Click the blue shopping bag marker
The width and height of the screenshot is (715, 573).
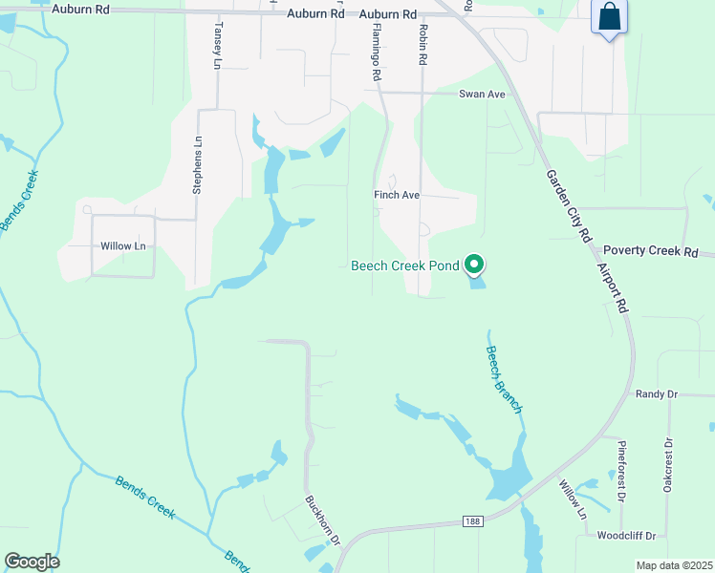(609, 17)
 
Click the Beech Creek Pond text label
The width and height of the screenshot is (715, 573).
(405, 265)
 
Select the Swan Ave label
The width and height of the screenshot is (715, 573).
(482, 94)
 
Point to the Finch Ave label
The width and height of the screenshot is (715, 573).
(397, 195)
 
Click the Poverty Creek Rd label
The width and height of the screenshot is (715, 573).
(651, 251)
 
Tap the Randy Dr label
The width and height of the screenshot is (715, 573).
(656, 393)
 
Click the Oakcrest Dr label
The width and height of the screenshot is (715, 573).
(667, 465)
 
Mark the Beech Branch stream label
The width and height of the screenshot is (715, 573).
(504, 378)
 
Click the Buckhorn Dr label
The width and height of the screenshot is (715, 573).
(323, 519)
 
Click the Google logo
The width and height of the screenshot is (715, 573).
(32, 562)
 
